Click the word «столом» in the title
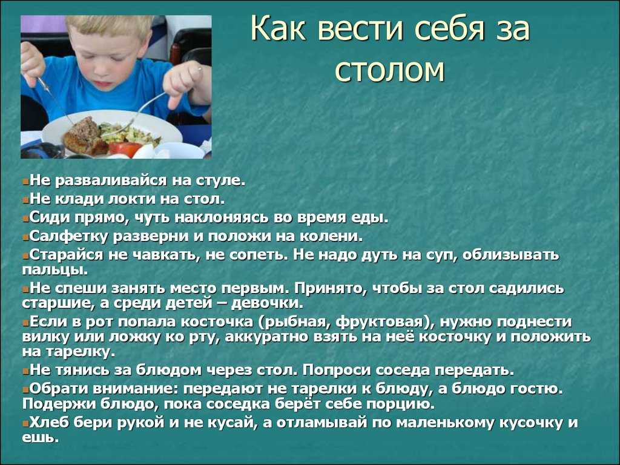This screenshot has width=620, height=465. click(x=390, y=71)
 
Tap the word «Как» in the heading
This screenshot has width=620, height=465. click(x=278, y=28)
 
